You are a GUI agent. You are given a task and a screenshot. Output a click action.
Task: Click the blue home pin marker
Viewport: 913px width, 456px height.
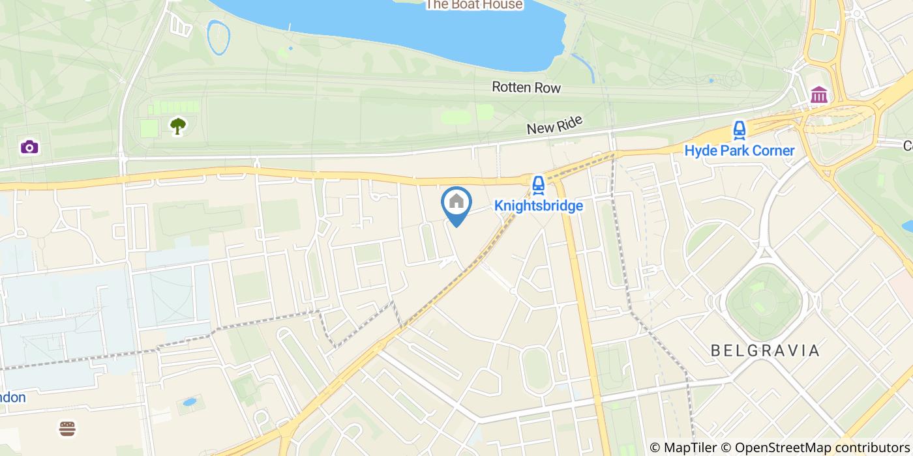pos(456,203)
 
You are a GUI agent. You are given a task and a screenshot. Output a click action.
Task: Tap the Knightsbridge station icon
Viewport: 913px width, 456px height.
pos(538,185)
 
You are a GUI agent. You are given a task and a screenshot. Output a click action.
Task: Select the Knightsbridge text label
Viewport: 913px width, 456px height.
pos(538,206)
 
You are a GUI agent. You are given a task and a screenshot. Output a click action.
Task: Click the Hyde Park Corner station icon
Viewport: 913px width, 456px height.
pos(739,130)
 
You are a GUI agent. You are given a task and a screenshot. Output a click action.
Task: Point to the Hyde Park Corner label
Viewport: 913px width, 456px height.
pos(739,151)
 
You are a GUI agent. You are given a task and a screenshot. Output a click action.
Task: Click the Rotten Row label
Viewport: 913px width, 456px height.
pos(526,87)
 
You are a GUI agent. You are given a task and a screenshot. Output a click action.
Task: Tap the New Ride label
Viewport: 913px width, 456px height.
pos(554,124)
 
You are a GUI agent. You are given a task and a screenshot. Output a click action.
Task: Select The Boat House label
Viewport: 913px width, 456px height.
pos(474,5)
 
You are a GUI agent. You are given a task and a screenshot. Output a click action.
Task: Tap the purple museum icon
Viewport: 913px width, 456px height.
pos(819,95)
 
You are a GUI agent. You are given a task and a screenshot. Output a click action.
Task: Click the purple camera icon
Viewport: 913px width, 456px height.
pos(29,147)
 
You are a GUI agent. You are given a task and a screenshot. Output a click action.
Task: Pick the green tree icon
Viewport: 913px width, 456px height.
pos(177,125)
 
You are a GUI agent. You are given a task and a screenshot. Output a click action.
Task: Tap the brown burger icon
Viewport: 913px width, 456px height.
pos(67,428)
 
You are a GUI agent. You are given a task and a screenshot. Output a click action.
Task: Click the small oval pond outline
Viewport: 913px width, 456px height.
pos(218,37)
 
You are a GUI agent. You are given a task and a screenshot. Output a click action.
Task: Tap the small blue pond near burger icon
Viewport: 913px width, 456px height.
pos(190,402)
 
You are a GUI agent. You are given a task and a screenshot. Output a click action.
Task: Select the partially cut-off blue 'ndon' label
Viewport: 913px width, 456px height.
pos(12,397)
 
